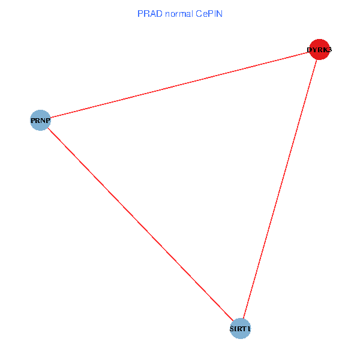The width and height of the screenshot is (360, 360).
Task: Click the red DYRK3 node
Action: coord(319,49)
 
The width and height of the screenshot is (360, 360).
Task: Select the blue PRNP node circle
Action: coord(40,120)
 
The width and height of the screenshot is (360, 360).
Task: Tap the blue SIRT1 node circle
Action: coord(240,329)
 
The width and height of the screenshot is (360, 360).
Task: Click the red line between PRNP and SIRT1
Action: coord(140,224)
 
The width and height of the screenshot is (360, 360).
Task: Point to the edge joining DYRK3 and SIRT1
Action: coord(279,189)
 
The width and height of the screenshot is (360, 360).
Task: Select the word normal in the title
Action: coord(178,13)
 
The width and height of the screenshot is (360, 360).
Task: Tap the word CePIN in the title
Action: coord(209,13)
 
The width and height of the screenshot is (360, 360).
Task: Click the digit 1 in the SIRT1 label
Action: coord(248,329)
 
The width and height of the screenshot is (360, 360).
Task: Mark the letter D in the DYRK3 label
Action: coord(310,50)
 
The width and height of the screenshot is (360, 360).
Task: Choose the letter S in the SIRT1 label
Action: coord(232,329)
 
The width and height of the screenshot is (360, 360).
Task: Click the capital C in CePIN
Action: coord(198,13)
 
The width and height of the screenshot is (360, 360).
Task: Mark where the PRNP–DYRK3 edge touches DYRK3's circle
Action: coord(309,52)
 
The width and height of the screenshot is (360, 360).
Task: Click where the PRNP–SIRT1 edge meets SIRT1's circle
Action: coord(233,322)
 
